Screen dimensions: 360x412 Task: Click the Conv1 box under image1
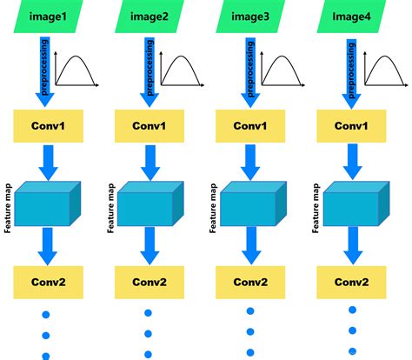[x=47, y=127]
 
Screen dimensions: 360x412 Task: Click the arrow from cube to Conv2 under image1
[x=47, y=246]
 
